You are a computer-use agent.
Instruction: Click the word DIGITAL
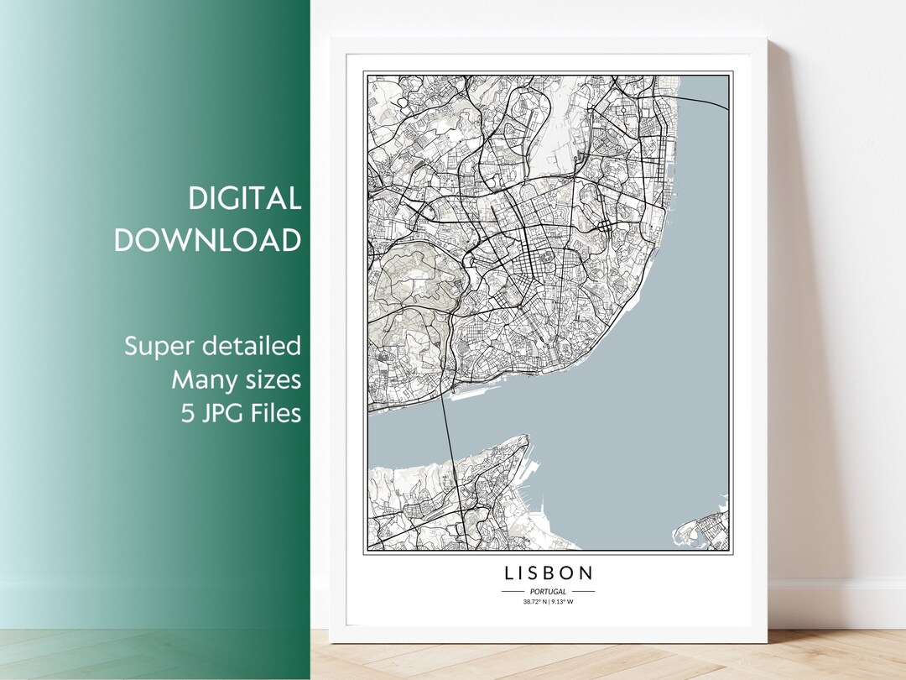tap(244, 199)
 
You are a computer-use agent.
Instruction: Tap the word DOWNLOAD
tap(207, 240)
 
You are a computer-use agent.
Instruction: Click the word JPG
tap(219, 413)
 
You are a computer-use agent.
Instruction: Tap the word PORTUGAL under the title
tap(548, 592)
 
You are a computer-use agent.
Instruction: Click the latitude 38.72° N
tap(534, 602)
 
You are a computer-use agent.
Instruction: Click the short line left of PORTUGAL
tap(513, 592)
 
